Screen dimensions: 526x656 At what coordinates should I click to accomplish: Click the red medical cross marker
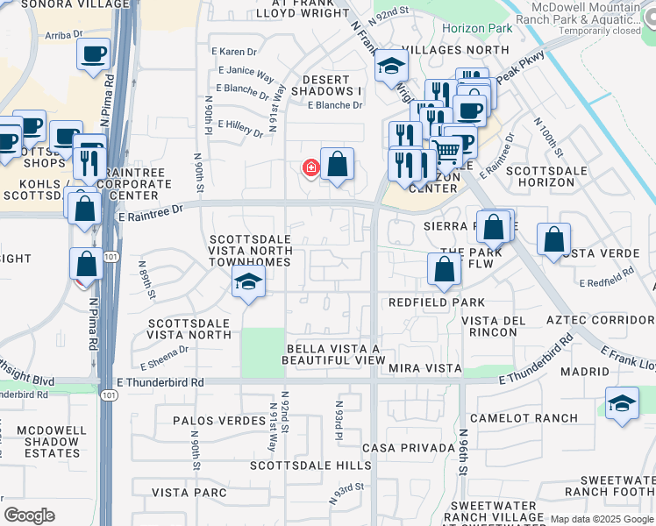pyautogui.click(x=310, y=167)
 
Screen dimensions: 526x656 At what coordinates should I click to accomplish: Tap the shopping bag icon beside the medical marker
pyautogui.click(x=338, y=164)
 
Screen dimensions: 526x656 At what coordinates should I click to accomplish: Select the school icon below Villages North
pyautogui.click(x=391, y=67)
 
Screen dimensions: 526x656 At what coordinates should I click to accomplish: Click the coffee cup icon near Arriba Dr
pyautogui.click(x=93, y=54)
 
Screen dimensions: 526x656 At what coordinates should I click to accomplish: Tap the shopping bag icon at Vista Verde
pyautogui.click(x=554, y=239)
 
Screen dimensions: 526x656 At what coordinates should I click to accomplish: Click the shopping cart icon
pyautogui.click(x=447, y=153)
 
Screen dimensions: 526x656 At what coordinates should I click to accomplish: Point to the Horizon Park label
pyautogui.click(x=465, y=28)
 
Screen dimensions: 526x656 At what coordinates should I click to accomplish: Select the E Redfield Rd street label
pyautogui.click(x=607, y=279)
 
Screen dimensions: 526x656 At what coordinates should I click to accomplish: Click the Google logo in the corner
pyautogui.click(x=29, y=515)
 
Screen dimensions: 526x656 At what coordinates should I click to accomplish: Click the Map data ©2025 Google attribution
pyautogui.click(x=601, y=519)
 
